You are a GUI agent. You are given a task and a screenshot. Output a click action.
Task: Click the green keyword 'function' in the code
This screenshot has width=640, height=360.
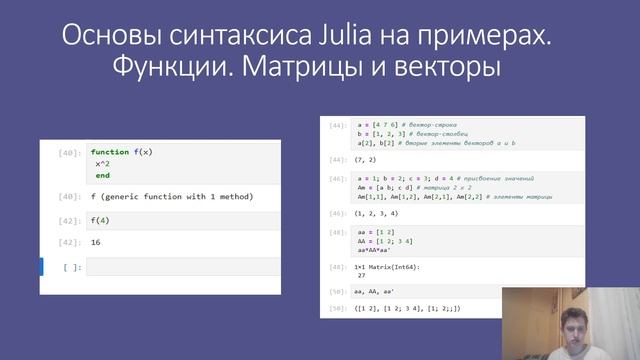110,152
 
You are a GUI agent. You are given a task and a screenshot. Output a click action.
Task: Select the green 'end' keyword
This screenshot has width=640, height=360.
102,175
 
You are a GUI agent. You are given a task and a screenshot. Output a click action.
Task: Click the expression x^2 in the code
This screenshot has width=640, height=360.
105,163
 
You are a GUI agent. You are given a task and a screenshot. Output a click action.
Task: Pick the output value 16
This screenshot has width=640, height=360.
96,242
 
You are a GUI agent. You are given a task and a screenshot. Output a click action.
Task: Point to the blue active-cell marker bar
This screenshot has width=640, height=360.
42,267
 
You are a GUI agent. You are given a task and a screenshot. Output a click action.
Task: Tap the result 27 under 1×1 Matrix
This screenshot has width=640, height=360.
366,275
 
